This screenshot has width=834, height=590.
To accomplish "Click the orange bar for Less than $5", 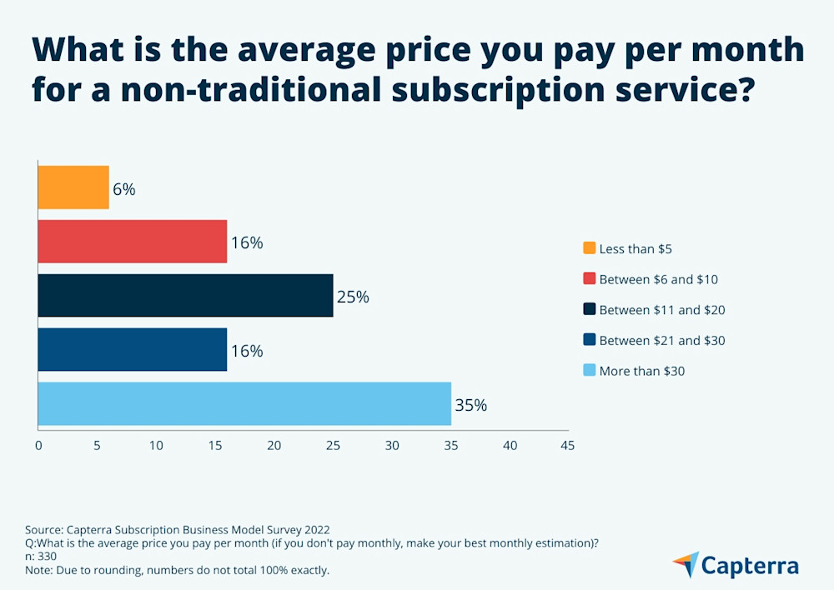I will [73, 187].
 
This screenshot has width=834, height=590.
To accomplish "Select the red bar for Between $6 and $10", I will [133, 242].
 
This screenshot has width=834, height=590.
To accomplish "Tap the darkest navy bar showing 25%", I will [185, 296].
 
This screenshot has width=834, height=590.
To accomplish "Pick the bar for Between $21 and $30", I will [133, 350].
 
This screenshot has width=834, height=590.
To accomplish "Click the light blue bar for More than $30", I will [244, 404].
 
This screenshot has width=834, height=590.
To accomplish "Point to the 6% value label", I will [124, 189].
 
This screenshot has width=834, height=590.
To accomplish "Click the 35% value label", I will [470, 406].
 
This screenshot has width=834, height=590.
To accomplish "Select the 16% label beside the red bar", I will [247, 243].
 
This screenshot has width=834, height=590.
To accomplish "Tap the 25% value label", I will [352, 297].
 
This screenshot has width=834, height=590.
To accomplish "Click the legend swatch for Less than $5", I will [590, 248].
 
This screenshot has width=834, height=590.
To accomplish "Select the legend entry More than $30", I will [641, 371].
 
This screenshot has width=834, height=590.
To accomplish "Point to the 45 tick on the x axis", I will [567, 446].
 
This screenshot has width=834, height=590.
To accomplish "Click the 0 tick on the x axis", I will [38, 446].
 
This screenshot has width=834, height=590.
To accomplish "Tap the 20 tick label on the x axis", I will [274, 446].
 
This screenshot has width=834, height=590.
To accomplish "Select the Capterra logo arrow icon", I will [686, 564].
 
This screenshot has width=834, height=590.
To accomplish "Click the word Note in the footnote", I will [38, 570].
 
